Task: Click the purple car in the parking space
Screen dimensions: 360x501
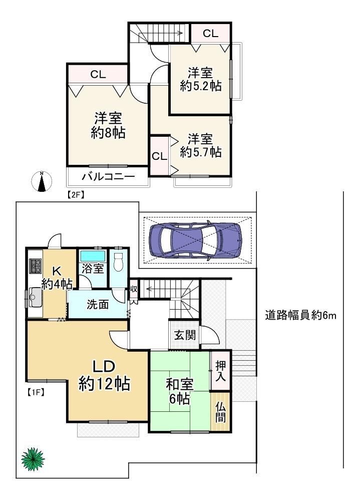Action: click(x=195, y=240)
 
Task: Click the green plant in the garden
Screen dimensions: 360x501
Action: click(x=33, y=459)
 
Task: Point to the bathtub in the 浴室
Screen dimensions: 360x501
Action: click(x=93, y=256)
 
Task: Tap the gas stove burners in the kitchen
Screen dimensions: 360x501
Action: click(x=36, y=266)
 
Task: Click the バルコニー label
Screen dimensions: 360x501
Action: click(x=109, y=176)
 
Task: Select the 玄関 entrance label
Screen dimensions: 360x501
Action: click(x=185, y=335)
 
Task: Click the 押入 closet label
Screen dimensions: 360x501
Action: click(x=220, y=371)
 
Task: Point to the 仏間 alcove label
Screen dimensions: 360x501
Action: click(x=220, y=412)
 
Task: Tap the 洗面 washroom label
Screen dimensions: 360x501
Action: click(x=98, y=304)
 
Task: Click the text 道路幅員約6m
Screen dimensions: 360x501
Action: click(x=300, y=316)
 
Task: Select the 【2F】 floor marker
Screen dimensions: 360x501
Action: click(x=75, y=194)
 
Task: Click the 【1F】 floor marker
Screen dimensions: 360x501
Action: click(x=34, y=392)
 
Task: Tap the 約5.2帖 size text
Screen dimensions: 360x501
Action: click(x=201, y=86)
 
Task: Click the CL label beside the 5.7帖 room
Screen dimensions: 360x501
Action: click(x=159, y=156)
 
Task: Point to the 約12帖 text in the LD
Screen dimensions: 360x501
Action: click(x=104, y=383)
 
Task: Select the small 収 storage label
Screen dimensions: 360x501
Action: click(x=134, y=289)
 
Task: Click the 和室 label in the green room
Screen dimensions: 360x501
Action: click(x=180, y=384)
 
